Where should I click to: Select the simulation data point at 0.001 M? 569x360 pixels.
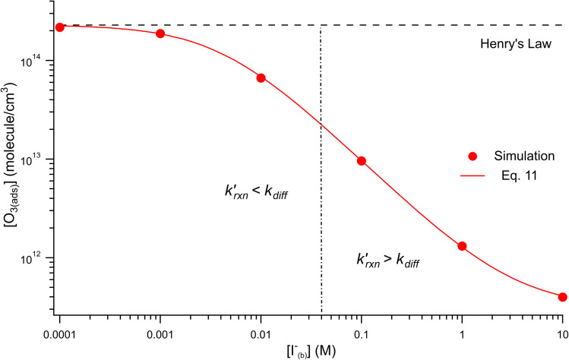coord(160,33)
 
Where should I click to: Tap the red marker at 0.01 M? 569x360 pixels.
coord(261,77)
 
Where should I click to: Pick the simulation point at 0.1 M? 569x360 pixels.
coord(362,161)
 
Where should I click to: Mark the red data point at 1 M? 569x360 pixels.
coord(462,246)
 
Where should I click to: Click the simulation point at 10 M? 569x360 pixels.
coord(562,297)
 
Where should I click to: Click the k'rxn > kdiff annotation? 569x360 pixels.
coord(388,260)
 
